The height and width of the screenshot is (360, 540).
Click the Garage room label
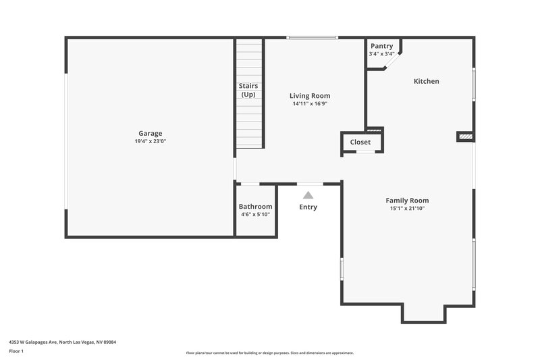[151, 133]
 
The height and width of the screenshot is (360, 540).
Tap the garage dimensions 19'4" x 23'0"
[151, 141]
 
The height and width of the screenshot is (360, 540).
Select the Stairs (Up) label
[248, 90]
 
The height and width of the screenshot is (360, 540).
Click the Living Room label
[310, 96]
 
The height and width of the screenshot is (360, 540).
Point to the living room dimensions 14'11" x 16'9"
[310, 104]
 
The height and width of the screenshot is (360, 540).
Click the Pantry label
[381, 46]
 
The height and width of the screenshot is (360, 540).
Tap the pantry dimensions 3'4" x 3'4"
[381, 54]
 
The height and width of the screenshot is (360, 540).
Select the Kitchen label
[426, 81]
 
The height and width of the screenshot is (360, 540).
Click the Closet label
[360, 143]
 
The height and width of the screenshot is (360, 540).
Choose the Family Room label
[407, 200]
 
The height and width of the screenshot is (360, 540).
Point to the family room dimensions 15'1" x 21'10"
[407, 209]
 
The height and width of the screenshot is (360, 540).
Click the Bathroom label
[255, 207]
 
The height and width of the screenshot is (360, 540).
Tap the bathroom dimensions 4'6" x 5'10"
[255, 215]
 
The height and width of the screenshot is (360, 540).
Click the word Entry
[308, 207]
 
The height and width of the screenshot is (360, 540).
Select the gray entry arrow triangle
[308, 195]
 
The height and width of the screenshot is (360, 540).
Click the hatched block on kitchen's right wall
[465, 137]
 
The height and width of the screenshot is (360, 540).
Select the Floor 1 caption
[16, 351]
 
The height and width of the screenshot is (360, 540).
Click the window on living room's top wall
[311, 38]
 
